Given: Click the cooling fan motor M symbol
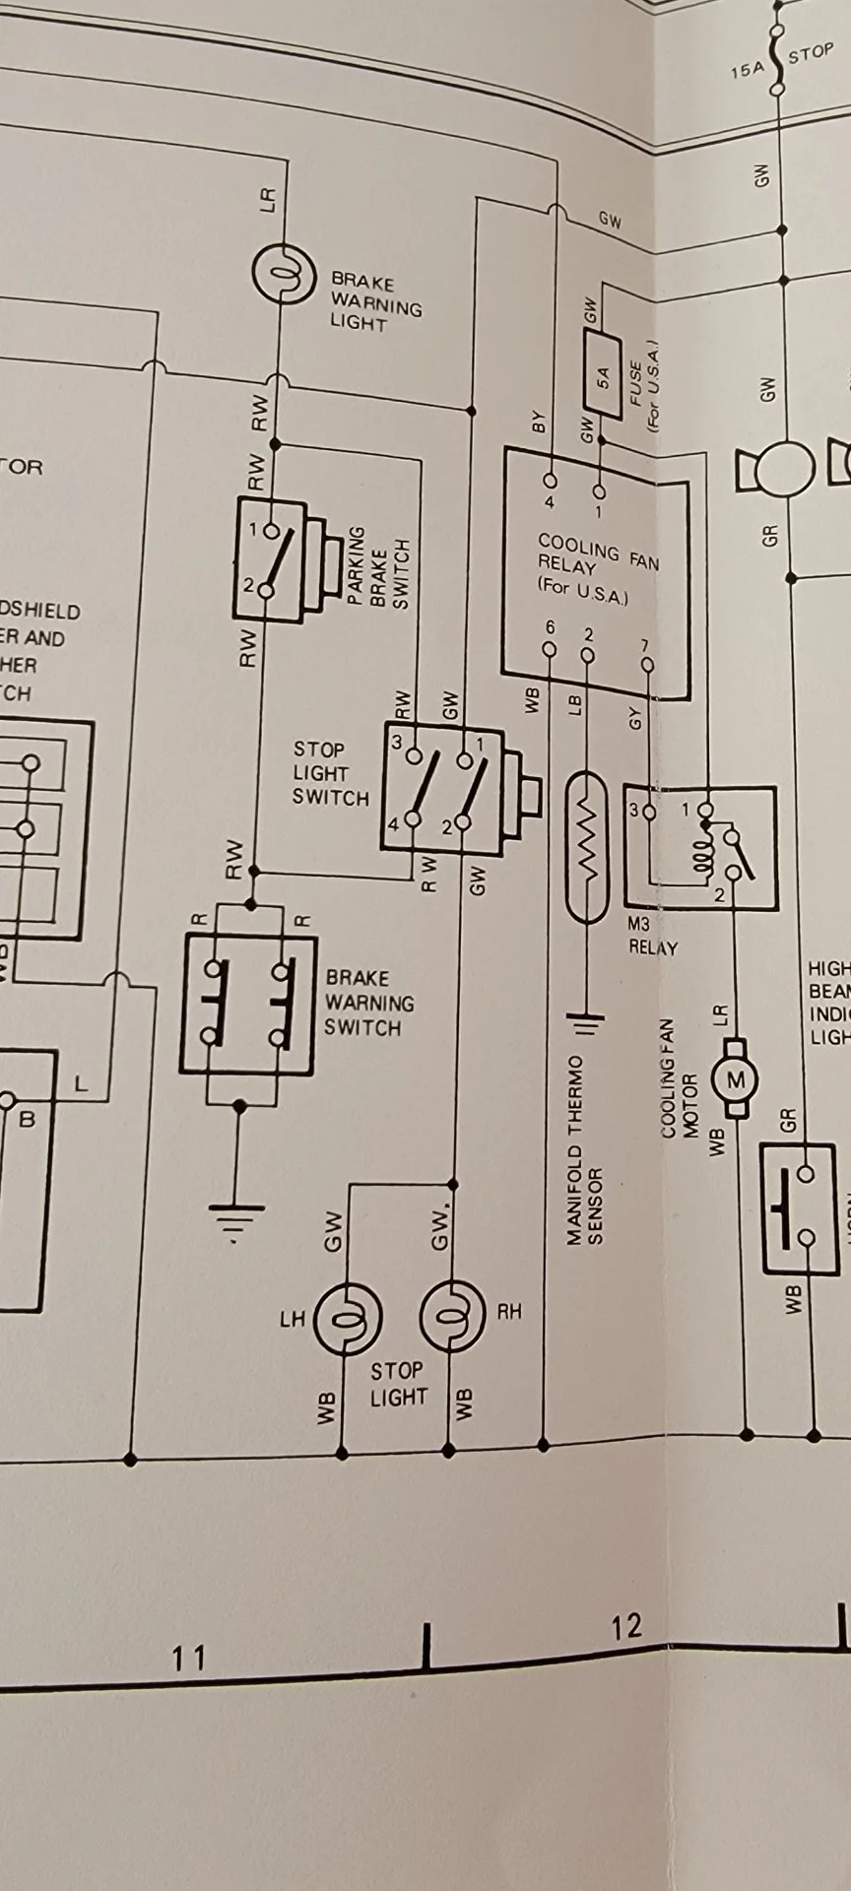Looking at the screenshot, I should click(736, 1080).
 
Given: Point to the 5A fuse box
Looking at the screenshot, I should click(604, 375).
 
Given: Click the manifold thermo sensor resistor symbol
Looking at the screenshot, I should click(588, 848).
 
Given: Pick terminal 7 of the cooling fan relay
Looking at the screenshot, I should click(647, 666).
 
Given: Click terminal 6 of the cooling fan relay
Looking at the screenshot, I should click(550, 649).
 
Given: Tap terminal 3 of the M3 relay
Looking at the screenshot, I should click(647, 812).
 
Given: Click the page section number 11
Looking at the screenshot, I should click(188, 1659).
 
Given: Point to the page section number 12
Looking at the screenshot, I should click(625, 1627).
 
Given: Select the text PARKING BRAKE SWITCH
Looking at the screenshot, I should click(376, 567).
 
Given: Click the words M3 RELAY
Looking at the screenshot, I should click(652, 937).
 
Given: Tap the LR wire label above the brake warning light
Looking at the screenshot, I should click(268, 199).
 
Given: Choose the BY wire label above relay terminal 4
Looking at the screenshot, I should click(539, 424).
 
